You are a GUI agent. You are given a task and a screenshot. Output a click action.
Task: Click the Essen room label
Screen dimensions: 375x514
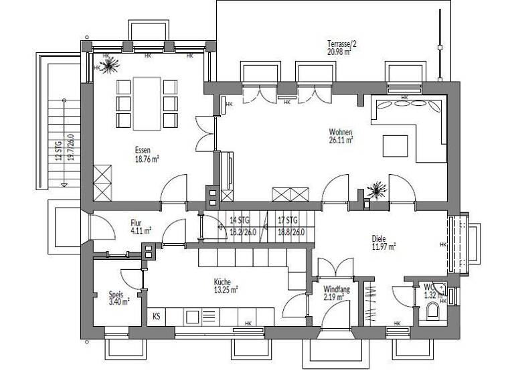pos(142,151)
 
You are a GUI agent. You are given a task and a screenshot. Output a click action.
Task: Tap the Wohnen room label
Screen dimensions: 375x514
pos(341,132)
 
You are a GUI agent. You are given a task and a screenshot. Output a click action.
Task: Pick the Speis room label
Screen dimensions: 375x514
pos(116,293)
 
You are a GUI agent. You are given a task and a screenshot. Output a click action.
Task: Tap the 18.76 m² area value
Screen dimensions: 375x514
pos(146,159)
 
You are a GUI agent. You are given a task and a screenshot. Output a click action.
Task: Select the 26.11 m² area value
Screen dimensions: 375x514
pos(341,141)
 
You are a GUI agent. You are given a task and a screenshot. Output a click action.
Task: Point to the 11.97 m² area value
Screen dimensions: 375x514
pos(383,246)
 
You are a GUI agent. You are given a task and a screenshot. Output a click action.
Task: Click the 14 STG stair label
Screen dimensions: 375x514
pos(239,220)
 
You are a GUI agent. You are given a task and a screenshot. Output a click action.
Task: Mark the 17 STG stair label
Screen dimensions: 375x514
pos(287,220)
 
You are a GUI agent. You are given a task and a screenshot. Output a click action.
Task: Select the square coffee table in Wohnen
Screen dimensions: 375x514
pos(394,145)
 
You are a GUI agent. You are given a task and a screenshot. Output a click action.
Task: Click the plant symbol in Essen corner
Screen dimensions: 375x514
pos(107,65)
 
